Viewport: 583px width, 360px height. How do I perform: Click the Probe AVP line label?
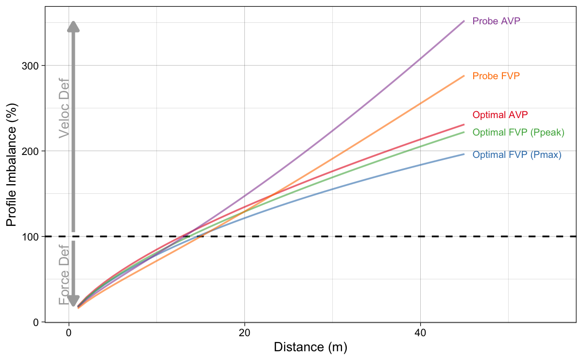(493, 21)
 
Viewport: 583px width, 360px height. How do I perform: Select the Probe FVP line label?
(493, 76)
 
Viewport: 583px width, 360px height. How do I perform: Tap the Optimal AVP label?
(500, 115)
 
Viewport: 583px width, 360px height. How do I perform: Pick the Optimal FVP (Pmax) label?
(517, 155)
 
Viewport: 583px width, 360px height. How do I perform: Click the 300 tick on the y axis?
(31, 66)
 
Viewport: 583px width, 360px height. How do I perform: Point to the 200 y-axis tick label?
(31, 151)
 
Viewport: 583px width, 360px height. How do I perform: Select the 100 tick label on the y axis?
(31, 237)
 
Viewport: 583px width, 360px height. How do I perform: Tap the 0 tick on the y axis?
(36, 322)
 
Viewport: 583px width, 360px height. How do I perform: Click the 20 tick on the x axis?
(244, 333)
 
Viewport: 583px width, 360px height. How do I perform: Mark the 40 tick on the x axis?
(420, 333)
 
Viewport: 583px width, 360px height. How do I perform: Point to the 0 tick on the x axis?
(69, 333)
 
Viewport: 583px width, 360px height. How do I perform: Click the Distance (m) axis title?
(311, 347)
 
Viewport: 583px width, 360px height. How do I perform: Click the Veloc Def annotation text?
(64, 108)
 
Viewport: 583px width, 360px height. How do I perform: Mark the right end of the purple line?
(464, 21)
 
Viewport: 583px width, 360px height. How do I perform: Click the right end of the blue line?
(464, 154)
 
